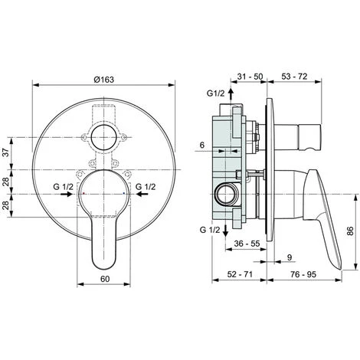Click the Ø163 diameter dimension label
pos(103,80)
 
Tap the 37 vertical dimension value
pos(6,152)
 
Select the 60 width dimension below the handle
pos(105,279)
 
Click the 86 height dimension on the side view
pos(351,231)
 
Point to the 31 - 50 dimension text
pos(250,77)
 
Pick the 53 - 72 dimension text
pos(294,77)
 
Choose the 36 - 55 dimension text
pos(247,244)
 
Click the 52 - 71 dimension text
pos(240,274)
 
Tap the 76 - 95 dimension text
pos(303,274)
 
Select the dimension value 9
pos(290,257)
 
